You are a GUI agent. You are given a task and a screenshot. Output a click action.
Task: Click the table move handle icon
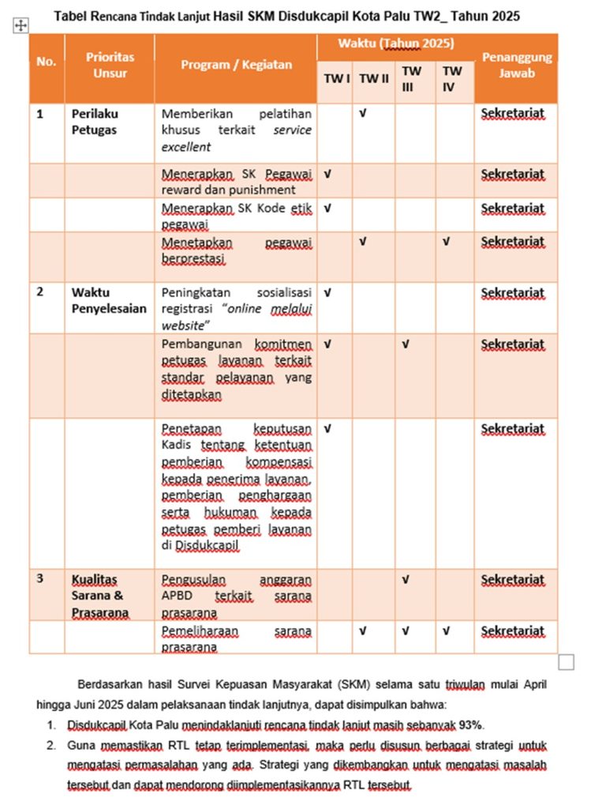point(21,26)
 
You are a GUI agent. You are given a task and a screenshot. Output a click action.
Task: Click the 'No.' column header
point(47,62)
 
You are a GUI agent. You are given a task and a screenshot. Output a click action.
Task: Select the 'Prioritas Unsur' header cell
point(110,65)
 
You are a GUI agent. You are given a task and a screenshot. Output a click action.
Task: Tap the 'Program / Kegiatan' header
point(236,66)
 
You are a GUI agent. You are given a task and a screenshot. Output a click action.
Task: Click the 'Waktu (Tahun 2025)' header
point(395,44)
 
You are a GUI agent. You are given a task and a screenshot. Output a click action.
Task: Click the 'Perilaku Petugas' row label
point(94,122)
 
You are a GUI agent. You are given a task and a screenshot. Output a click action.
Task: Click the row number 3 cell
point(40,578)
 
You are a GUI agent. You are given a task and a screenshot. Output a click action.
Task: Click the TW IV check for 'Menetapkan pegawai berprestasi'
point(446,241)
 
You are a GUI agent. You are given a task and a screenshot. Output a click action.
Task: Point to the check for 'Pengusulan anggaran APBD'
point(406,579)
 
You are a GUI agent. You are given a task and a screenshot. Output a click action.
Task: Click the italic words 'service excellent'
point(237,138)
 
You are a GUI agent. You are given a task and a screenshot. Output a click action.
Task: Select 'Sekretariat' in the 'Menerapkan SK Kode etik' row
point(513,209)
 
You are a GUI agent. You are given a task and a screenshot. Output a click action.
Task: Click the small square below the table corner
point(566,662)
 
